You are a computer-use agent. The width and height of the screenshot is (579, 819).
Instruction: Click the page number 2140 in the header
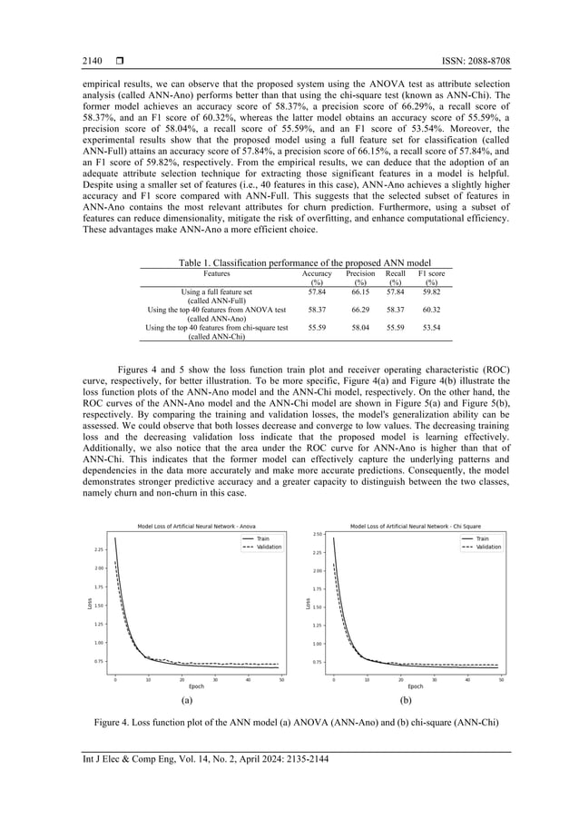(93, 61)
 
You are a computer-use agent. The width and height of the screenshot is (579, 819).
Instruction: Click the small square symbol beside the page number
(120, 61)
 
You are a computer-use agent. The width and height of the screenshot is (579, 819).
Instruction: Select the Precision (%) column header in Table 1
(360, 277)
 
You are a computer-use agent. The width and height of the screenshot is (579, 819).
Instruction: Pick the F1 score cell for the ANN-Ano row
(431, 309)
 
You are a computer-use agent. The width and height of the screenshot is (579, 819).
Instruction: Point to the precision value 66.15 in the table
(360, 291)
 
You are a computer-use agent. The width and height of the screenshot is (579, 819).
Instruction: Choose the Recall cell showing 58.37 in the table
(396, 309)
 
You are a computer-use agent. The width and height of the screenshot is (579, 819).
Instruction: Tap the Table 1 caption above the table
(289, 261)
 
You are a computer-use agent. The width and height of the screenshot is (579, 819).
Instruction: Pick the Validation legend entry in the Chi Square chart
(487, 548)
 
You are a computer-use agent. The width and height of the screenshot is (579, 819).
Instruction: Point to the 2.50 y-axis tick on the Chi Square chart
(318, 535)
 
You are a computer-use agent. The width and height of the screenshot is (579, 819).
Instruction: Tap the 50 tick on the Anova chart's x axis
(281, 679)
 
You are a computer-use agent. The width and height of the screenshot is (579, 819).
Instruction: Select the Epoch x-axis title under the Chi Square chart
(415, 686)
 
